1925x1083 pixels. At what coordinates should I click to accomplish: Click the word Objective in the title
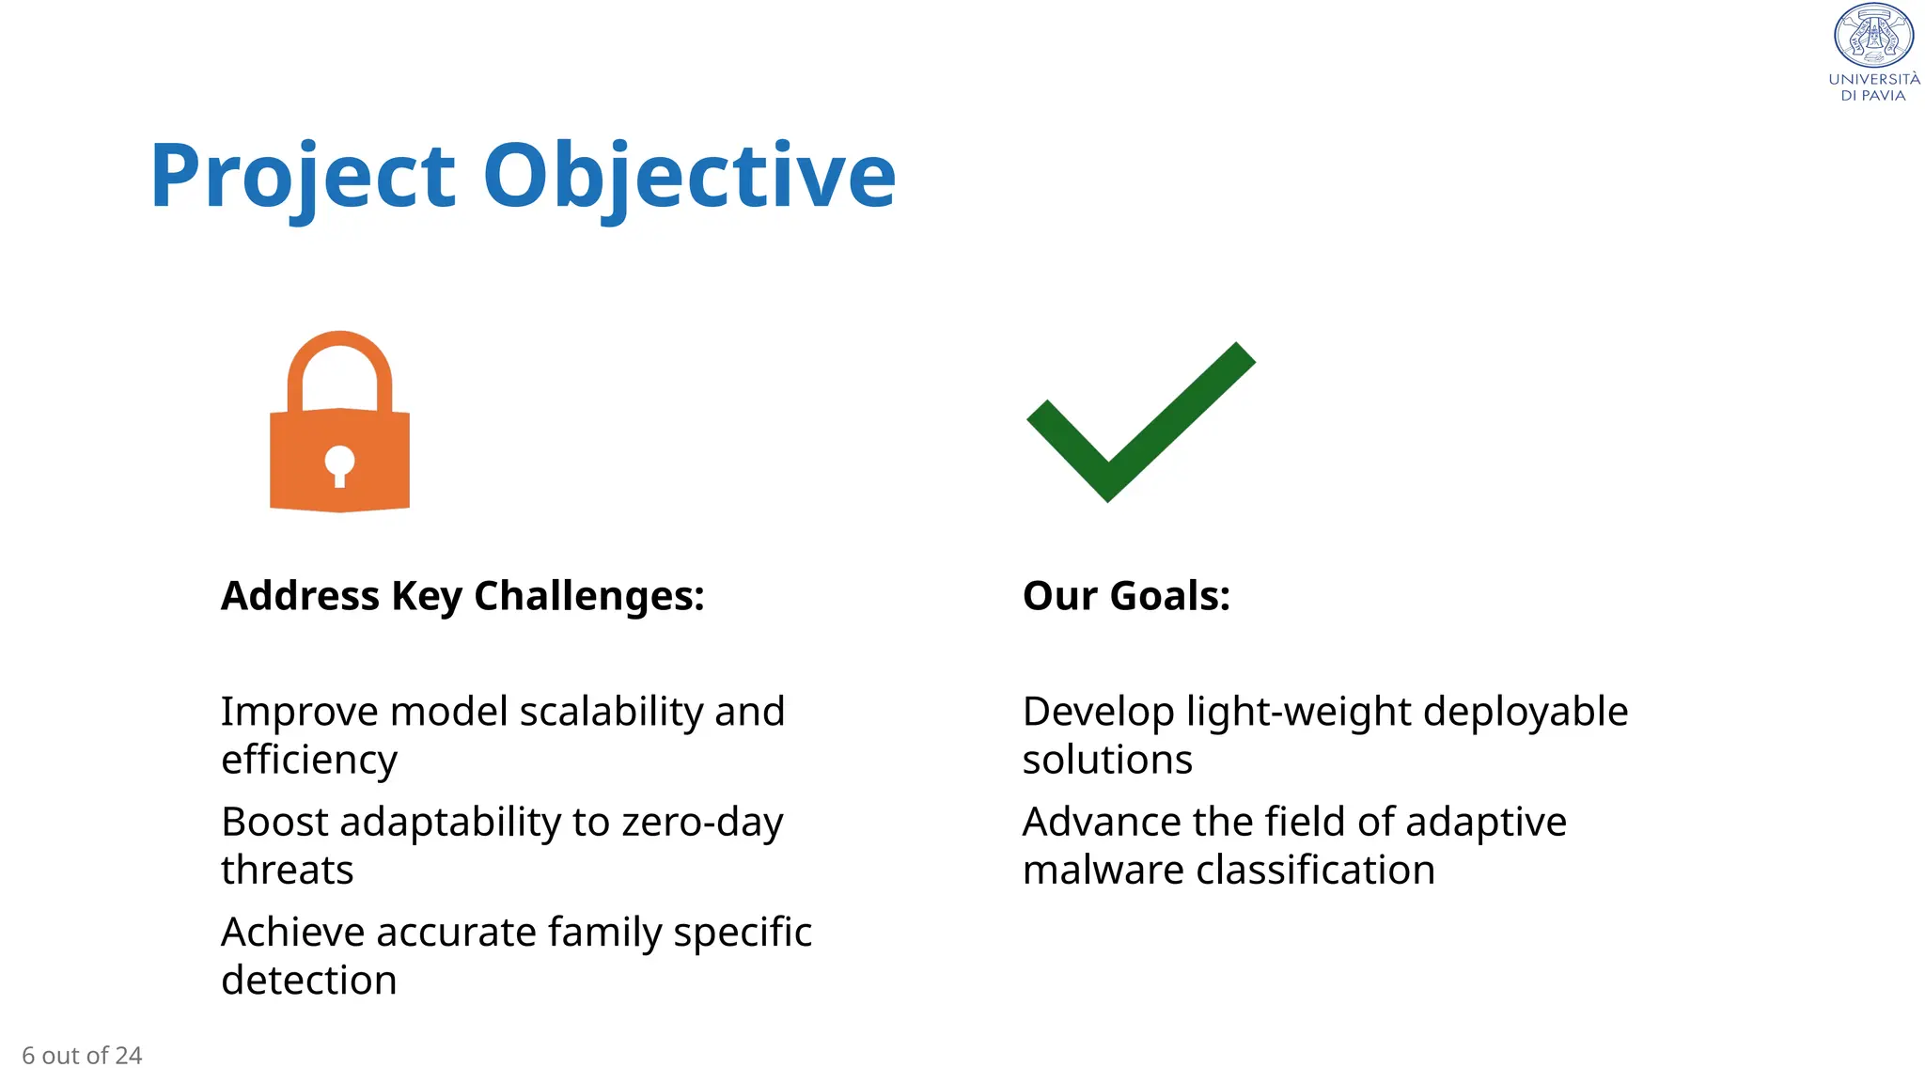689,177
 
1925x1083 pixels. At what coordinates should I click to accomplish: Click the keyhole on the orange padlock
339,463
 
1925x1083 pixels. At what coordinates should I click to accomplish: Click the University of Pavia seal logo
1873,36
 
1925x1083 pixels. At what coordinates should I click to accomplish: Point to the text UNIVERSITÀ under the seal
1873,80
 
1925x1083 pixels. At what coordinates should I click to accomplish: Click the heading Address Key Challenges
462,596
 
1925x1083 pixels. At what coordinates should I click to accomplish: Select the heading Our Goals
1126,596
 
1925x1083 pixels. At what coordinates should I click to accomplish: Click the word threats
288,871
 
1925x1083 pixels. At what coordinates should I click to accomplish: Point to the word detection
309,981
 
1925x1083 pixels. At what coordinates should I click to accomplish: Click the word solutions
1107,760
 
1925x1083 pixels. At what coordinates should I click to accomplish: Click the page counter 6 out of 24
82,1056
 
